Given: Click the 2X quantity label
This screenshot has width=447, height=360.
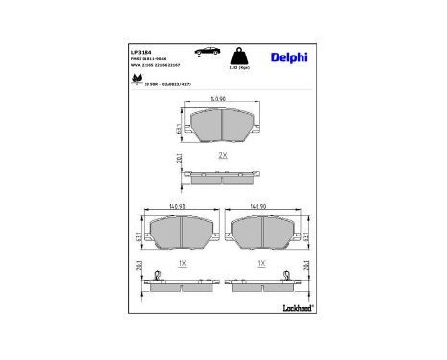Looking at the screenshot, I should [x=223, y=154].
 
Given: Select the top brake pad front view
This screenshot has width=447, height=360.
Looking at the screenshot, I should [x=222, y=124].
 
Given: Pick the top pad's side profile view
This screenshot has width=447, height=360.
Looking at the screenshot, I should [x=222, y=176].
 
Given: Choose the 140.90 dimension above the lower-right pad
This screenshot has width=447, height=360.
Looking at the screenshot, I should [x=259, y=206].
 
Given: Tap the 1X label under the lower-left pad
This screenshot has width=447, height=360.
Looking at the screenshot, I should [x=183, y=262].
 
